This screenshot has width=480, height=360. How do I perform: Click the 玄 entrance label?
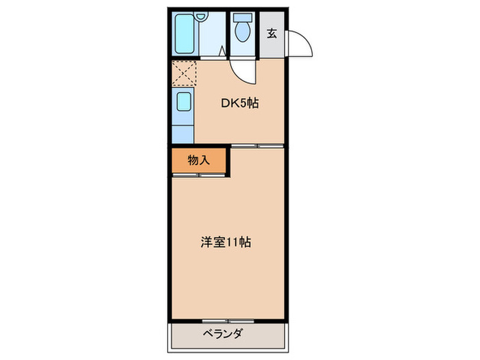(x=272, y=33)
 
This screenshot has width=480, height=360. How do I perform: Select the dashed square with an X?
(x=183, y=73)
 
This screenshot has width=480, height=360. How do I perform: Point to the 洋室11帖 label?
(x=225, y=242)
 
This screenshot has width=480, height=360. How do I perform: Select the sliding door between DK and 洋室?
(x=257, y=145)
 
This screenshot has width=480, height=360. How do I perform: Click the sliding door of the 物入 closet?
(x=198, y=176)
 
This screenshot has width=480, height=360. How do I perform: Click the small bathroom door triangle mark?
(x=222, y=51)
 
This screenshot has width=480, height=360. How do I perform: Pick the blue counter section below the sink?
(x=183, y=131)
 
